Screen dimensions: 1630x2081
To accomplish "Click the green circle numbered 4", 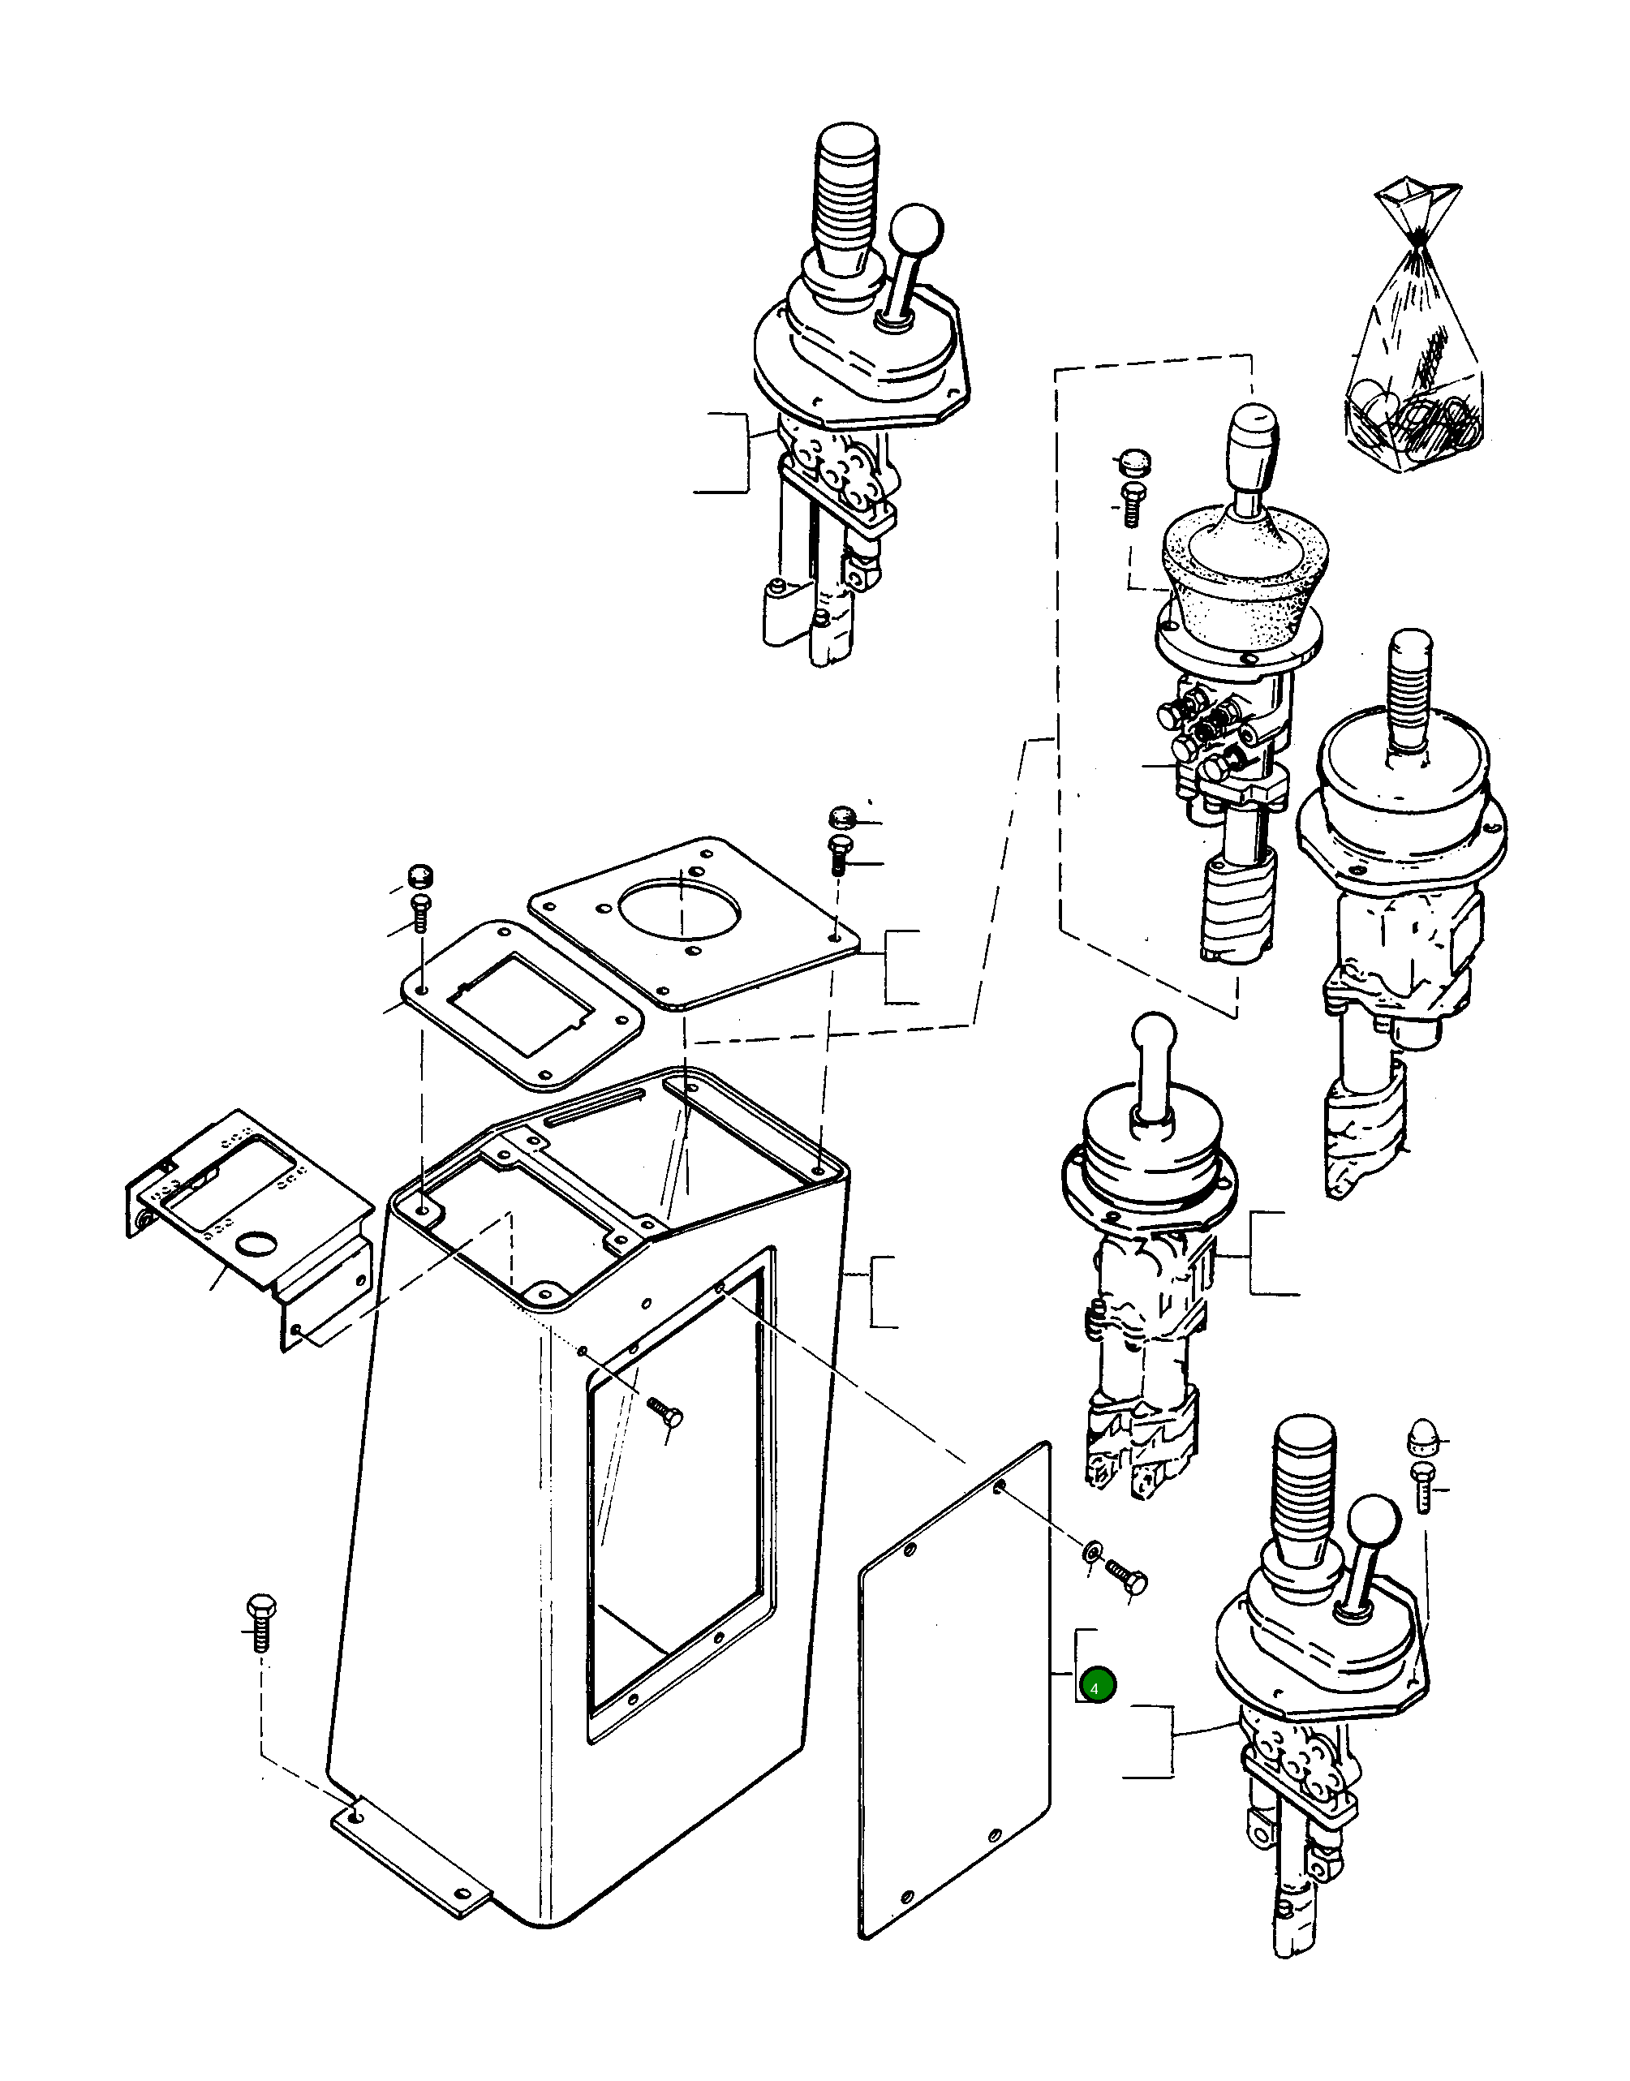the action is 1095,1688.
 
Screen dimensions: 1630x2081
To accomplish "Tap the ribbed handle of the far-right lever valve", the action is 1409,677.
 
